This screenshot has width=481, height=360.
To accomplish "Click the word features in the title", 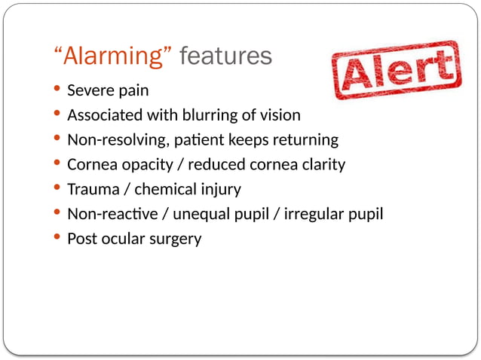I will tap(226, 56).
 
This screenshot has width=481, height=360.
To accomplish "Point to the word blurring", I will tap(212, 115).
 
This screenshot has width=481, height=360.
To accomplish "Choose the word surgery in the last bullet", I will tap(176, 239).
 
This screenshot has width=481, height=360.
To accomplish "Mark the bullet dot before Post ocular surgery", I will tap(59, 239).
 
